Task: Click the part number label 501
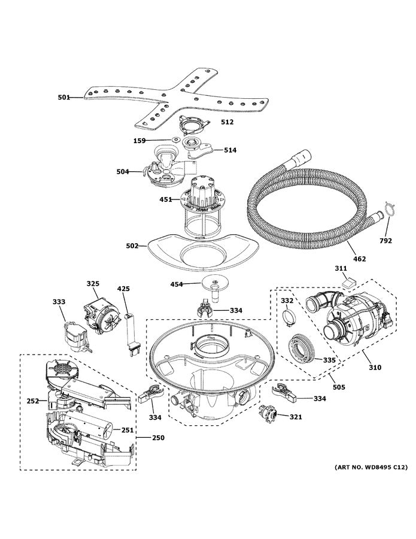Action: point(63,98)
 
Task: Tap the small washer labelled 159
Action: point(176,140)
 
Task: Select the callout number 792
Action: point(385,241)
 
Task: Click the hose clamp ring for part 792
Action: point(389,208)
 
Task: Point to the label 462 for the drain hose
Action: point(359,259)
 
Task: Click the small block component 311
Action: point(349,283)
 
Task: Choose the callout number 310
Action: point(375,368)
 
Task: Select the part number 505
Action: point(339,387)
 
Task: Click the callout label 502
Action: point(132,246)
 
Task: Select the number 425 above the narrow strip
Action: point(124,289)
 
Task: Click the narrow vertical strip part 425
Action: point(132,333)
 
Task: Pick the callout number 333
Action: point(59,302)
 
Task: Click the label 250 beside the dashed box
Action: point(158,438)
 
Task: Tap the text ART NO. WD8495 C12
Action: point(371,467)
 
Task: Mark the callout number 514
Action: point(230,150)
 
